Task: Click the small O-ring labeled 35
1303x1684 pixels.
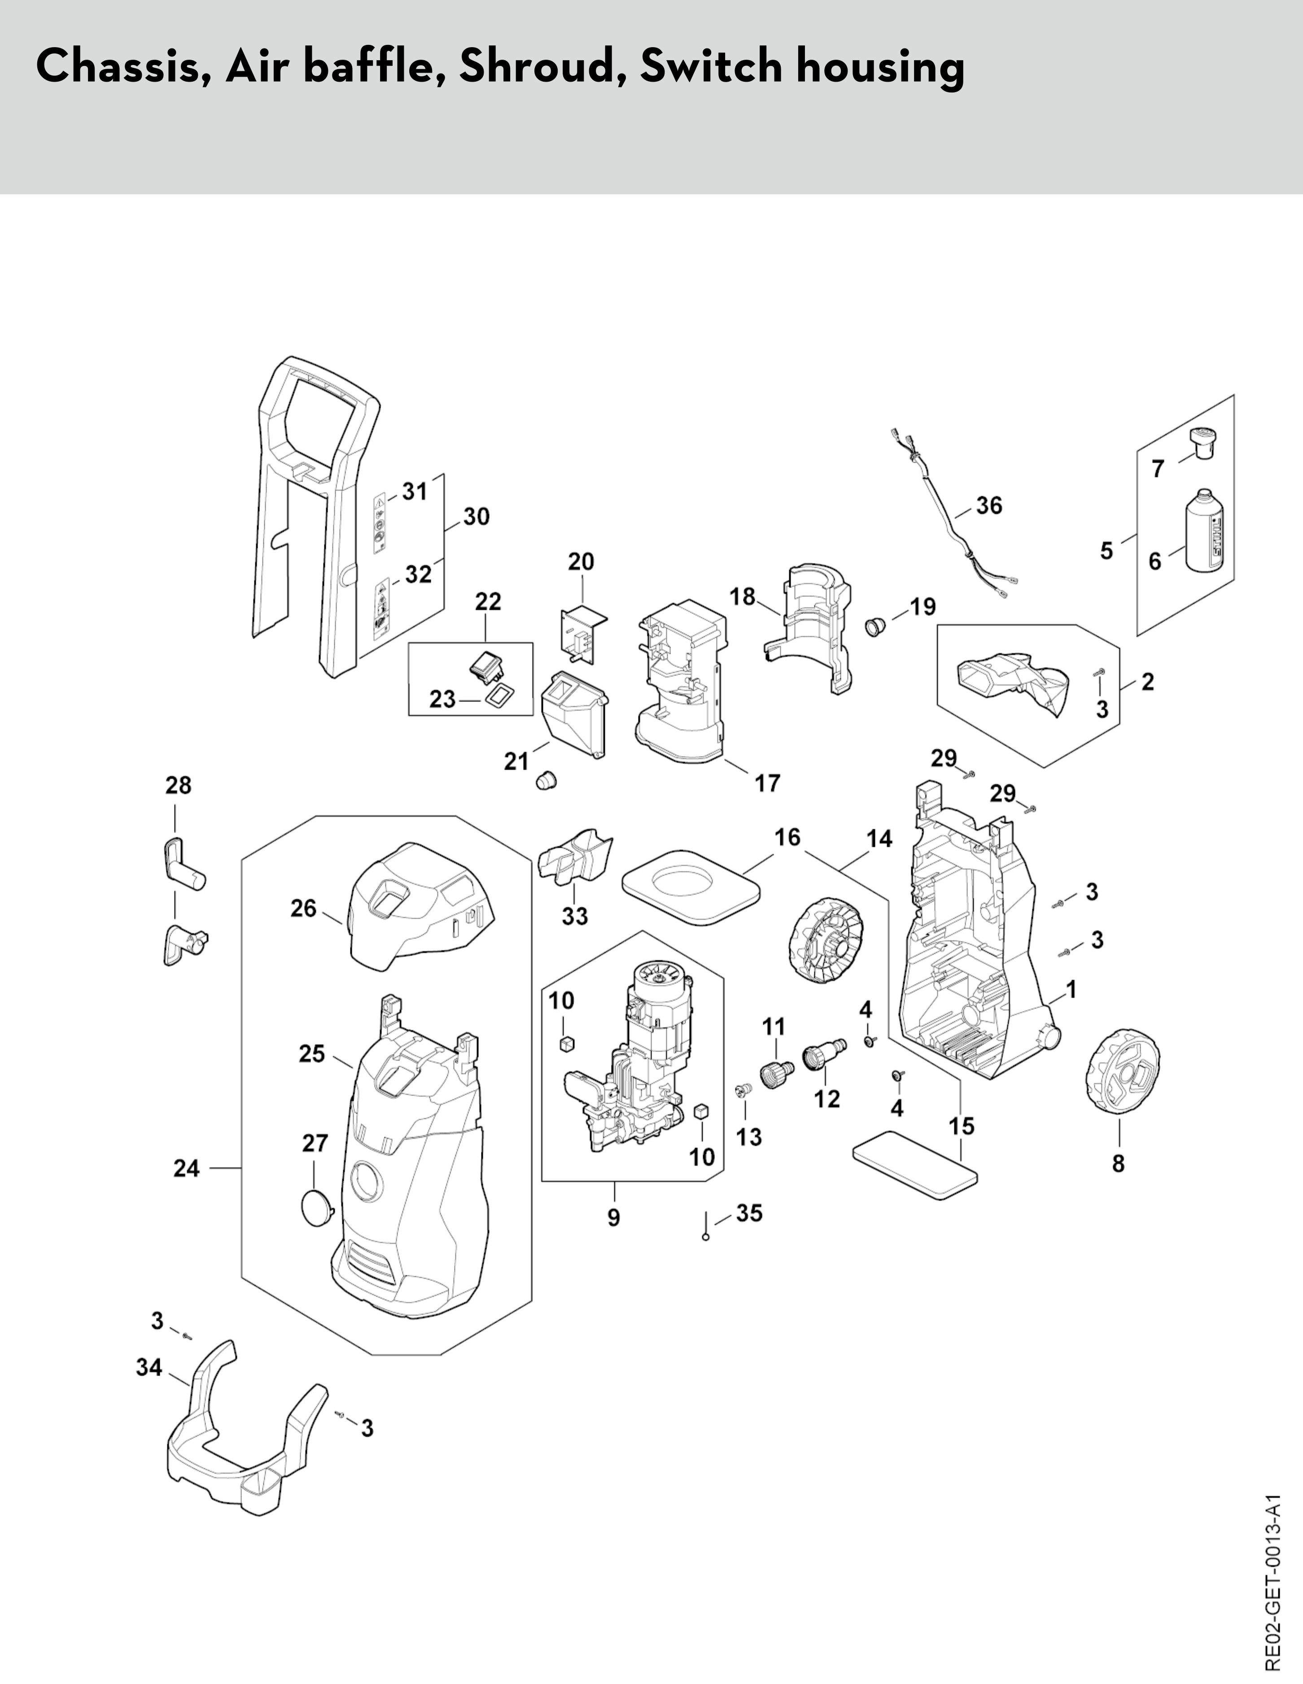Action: tap(705, 1238)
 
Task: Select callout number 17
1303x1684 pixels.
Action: tap(767, 783)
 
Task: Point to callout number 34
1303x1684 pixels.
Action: tap(149, 1367)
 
